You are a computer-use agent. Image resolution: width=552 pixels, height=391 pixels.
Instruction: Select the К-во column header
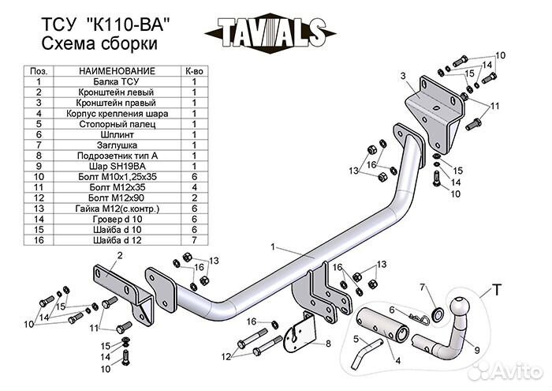[193, 70]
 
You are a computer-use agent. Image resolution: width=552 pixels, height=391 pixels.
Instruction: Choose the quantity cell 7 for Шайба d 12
[193, 241]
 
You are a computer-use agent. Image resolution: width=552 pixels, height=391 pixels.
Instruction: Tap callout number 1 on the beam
[273, 247]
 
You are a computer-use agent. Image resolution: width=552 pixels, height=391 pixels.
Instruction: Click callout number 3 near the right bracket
[402, 76]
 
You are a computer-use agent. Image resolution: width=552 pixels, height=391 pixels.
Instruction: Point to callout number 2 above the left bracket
[119, 255]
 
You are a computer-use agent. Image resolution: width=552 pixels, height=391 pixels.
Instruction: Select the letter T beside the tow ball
[498, 288]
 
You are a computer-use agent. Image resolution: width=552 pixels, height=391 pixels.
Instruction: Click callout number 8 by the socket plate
[327, 344]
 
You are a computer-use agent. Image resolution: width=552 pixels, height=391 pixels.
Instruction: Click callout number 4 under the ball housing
[397, 362]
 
